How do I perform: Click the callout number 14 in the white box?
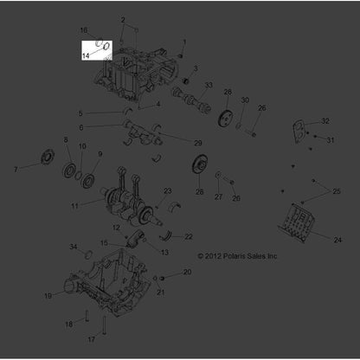86,55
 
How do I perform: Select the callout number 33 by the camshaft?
209,85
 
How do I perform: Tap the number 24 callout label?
337,240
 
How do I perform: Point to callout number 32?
325,121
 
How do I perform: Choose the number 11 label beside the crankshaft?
74,206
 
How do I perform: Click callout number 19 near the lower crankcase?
48,296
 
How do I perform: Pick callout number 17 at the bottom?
92,339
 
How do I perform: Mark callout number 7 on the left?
16,170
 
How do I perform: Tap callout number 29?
198,143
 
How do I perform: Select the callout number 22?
189,237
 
